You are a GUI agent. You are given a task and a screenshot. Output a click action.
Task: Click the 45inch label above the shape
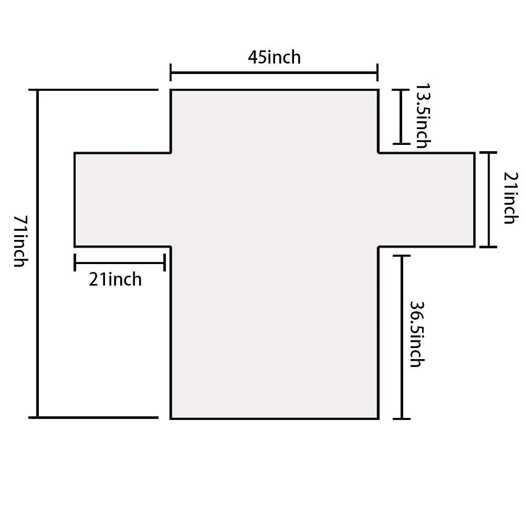[274, 57]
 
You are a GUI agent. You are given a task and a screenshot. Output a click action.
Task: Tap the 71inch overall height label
[21, 241]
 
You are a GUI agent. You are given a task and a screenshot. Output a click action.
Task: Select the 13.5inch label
[423, 116]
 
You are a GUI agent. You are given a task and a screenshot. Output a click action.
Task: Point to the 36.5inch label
[417, 334]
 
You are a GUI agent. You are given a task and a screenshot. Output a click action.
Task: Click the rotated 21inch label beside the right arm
[511, 198]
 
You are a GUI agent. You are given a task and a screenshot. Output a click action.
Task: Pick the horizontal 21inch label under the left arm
[115, 280]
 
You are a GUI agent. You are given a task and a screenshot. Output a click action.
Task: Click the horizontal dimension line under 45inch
[274, 72]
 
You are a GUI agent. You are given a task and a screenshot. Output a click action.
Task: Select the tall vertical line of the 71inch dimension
[37, 254]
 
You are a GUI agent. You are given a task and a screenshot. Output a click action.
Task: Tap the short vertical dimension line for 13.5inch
[401, 117]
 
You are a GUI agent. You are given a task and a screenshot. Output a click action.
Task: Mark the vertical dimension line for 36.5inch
[402, 337]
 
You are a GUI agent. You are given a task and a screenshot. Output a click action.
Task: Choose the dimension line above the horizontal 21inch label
[120, 263]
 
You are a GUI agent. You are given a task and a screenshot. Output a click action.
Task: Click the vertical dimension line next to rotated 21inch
[489, 199]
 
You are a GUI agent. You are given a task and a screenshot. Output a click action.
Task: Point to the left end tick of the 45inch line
[171, 72]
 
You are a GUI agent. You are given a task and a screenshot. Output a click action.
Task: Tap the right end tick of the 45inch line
[377, 72]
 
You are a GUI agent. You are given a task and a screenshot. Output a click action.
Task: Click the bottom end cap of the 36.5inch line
[402, 418]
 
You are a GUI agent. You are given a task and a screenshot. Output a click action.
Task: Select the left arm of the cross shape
[122, 200]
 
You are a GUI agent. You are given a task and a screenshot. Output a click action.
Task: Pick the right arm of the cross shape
[426, 200]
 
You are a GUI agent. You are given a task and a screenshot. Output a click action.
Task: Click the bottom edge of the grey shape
[275, 418]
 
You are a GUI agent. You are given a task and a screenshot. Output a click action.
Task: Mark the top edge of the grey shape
[275, 90]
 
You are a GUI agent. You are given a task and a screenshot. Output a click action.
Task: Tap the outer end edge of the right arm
[475, 200]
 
